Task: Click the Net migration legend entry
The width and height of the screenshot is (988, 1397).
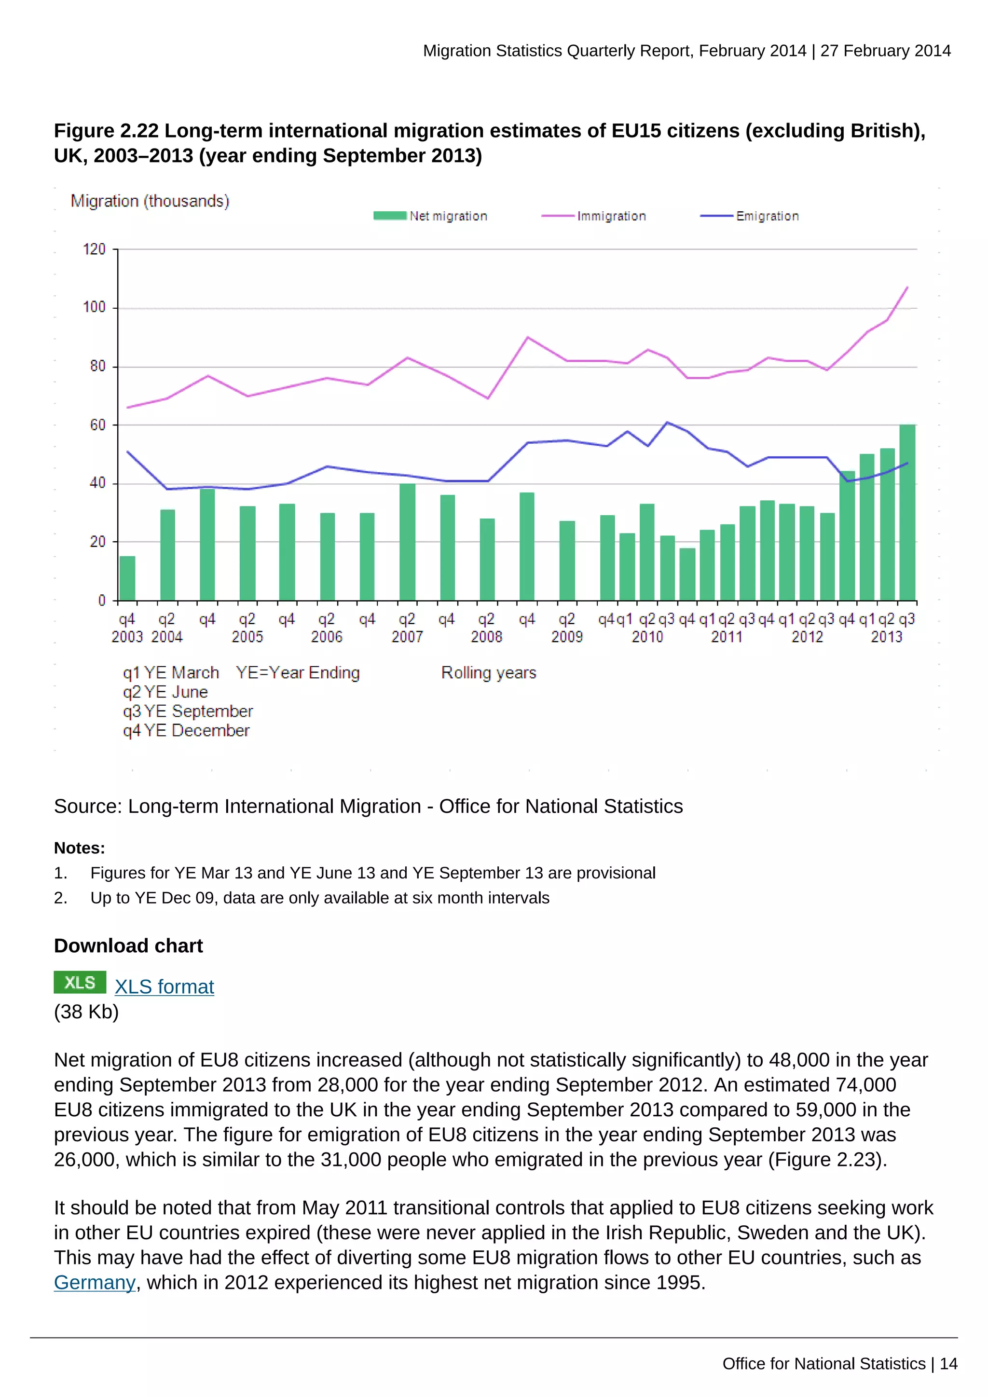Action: [x=431, y=216]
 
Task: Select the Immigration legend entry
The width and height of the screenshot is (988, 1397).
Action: [x=594, y=216]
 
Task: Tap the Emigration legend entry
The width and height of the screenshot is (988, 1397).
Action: [x=750, y=216]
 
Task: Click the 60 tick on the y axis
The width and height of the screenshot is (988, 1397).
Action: [x=97, y=425]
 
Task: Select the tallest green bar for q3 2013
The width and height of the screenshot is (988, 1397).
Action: [x=907, y=512]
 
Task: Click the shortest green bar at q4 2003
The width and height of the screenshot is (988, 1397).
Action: [x=127, y=578]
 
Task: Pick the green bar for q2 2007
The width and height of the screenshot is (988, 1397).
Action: [x=407, y=542]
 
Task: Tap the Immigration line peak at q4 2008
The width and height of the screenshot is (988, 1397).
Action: [x=527, y=337]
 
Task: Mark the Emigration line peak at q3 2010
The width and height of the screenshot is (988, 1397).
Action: [x=667, y=422]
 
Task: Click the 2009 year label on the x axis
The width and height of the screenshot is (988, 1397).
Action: [x=567, y=637]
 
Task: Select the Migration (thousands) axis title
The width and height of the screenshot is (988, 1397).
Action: [x=150, y=201]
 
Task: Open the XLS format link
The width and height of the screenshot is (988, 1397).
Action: [x=164, y=986]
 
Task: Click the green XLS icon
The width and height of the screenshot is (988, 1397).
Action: [x=80, y=982]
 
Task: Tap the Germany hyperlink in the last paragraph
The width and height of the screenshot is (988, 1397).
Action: [x=94, y=1282]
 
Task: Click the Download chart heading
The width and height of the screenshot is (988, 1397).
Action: [x=128, y=945]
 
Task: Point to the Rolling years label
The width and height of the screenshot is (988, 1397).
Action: [x=489, y=672]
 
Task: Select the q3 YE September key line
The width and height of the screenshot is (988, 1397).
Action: [x=187, y=711]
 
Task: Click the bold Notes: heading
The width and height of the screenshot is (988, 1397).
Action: [x=79, y=848]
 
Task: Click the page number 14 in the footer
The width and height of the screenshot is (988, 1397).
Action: [x=948, y=1364]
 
